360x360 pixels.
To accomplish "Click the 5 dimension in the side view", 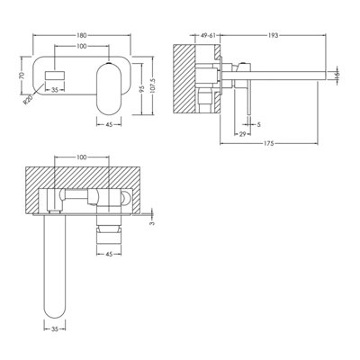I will [258, 124].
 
